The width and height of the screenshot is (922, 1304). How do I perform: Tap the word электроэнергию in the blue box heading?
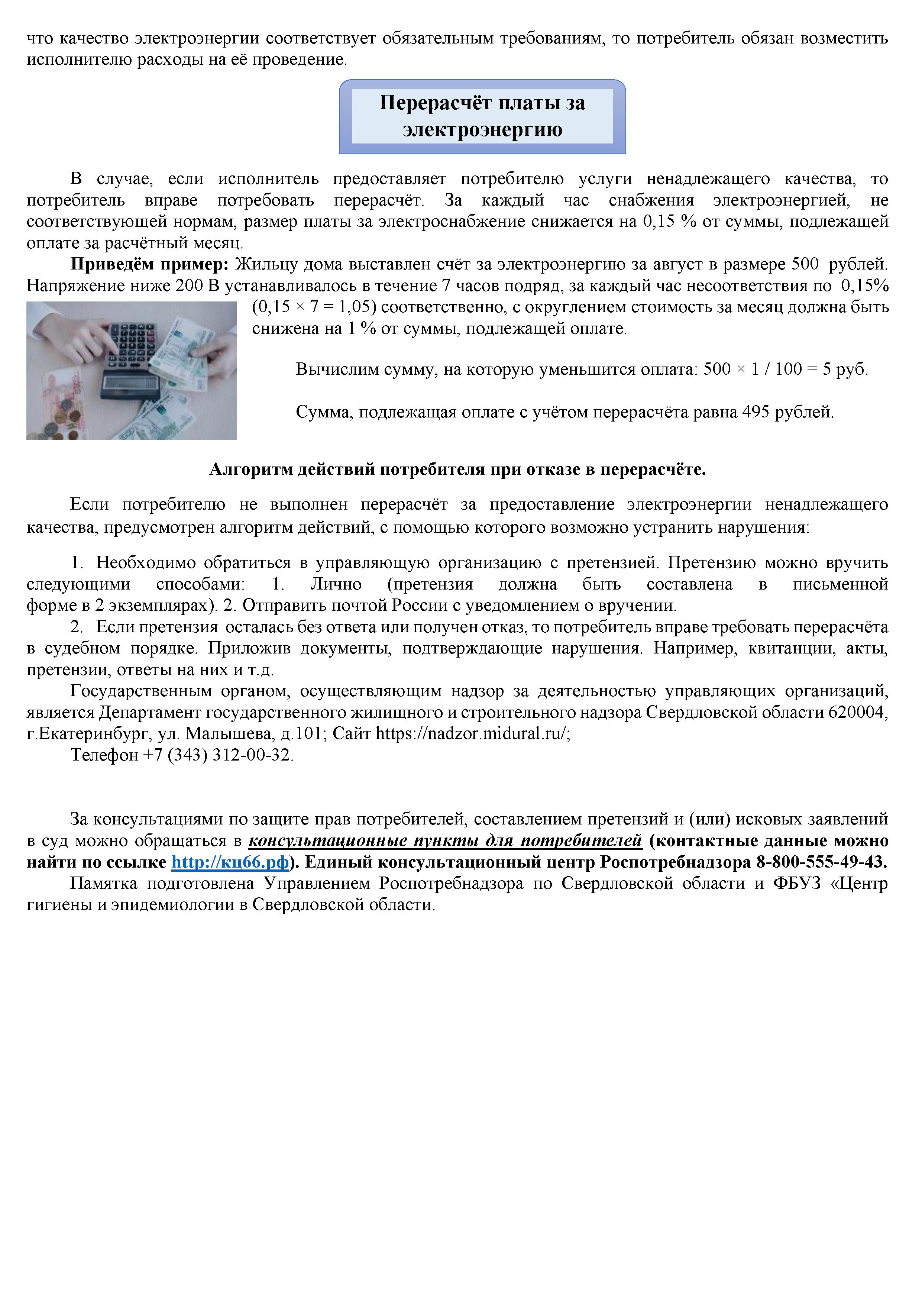tap(483, 129)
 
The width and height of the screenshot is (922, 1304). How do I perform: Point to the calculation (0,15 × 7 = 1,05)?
tap(314, 307)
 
